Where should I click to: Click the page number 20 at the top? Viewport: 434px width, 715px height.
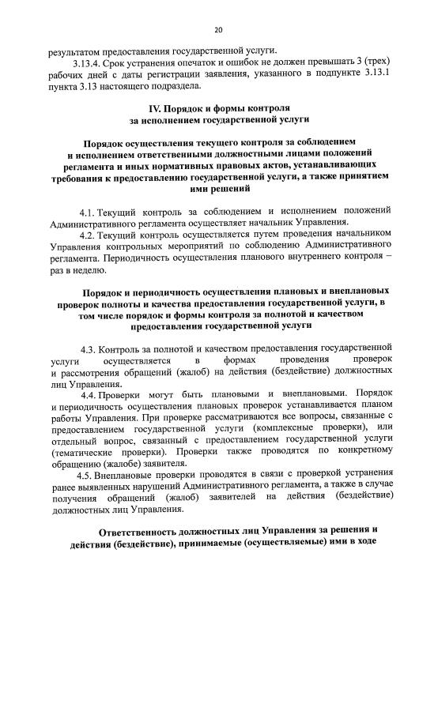[x=218, y=30]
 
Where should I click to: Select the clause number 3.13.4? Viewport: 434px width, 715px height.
[x=89, y=62]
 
